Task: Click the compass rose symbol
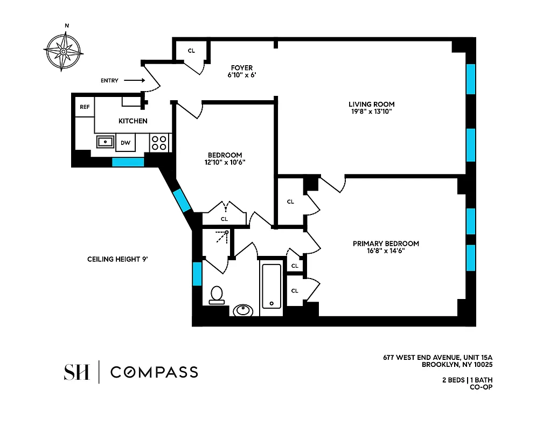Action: pos(63,51)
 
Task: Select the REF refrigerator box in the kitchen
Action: pos(85,107)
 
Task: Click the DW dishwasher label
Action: pos(125,143)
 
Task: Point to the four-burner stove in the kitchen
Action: pos(159,142)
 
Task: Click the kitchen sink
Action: pos(105,142)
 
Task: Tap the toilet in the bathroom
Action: pos(217,295)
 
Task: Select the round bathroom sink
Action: pos(243,310)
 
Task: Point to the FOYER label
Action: pos(241,68)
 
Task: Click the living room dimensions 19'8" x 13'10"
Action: pos(371,112)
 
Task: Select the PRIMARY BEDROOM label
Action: pos(386,244)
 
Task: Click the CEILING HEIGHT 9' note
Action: pos(117,259)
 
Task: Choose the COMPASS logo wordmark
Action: pos(154,372)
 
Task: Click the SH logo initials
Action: pos(76,372)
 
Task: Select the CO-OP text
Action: pos(482,386)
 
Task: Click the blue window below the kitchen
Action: pos(128,162)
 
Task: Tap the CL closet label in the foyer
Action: pos(191,51)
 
